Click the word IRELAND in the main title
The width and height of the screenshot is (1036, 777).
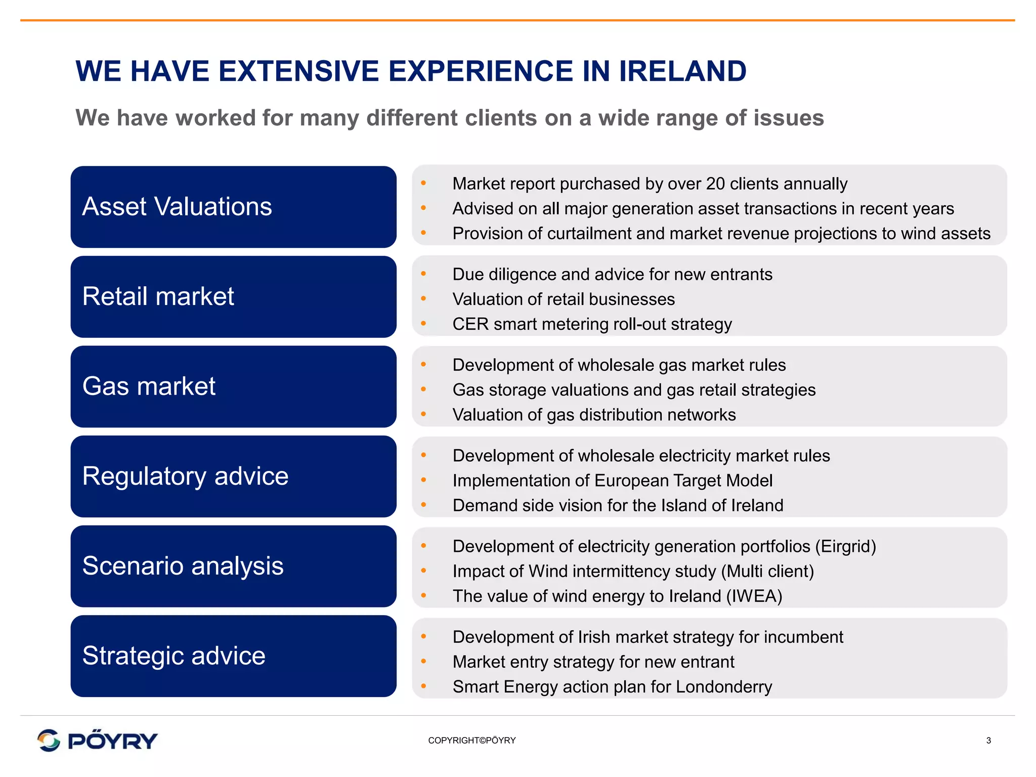tap(682, 71)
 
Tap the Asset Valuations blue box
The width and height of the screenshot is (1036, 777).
tap(233, 207)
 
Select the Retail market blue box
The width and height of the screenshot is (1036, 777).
tap(233, 297)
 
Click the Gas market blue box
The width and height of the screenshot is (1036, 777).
tap(233, 386)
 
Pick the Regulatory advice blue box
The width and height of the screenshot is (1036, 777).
tap(233, 477)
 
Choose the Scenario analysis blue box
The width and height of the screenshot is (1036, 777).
tap(233, 566)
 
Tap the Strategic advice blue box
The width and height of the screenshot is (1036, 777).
tap(233, 656)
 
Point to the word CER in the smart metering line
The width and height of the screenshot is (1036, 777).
tap(470, 324)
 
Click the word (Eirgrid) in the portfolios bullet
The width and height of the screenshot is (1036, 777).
tap(845, 546)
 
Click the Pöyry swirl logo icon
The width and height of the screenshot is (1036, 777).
tap(49, 741)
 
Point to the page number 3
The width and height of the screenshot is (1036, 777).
tap(988, 741)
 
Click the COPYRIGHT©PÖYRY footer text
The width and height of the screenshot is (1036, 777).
tap(471, 741)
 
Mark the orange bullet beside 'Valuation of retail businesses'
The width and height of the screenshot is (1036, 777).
tap(424, 299)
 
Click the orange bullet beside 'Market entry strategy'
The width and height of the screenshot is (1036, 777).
tap(424, 661)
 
